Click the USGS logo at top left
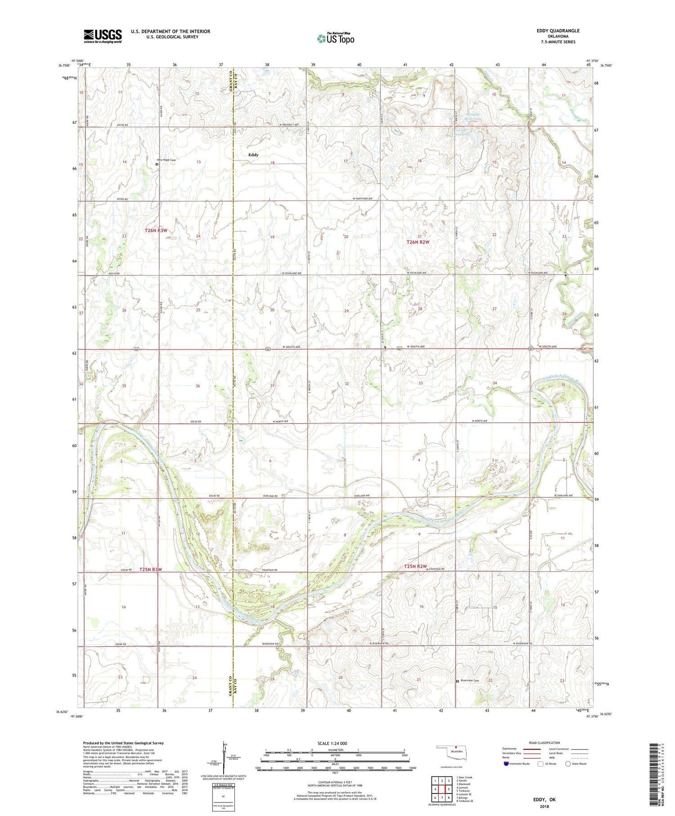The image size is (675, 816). point(103,36)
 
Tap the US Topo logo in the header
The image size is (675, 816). point(336,38)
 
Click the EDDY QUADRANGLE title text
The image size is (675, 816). point(558,31)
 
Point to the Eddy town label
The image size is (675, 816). point(253,155)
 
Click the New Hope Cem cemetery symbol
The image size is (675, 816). point(157,164)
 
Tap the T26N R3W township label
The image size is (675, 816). point(156,230)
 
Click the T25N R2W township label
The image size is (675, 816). point(415,566)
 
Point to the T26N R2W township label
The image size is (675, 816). point(418,242)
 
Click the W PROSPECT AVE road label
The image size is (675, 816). point(288,125)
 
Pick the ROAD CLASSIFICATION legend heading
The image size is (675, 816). point(544,743)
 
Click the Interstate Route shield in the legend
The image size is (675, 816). point(506,764)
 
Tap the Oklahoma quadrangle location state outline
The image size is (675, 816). point(451,752)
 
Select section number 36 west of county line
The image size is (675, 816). point(198,386)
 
